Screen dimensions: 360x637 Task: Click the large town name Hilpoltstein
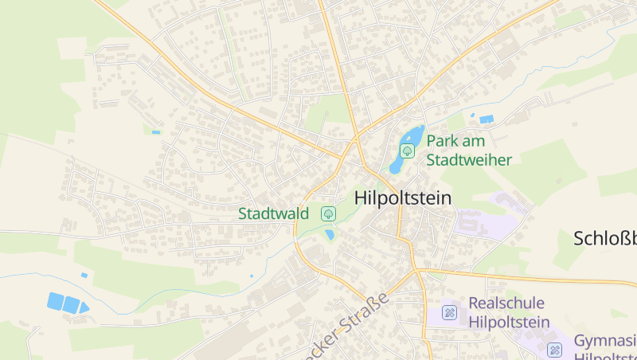(402, 198)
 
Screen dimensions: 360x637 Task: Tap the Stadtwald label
(274, 213)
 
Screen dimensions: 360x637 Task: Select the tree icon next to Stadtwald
(327, 213)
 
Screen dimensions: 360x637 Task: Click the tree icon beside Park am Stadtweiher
(407, 150)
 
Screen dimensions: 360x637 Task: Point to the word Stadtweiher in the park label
(469, 159)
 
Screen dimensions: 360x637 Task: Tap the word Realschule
(506, 303)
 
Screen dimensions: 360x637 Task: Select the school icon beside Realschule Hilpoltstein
(450, 312)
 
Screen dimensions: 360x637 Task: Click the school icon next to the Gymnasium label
(555, 349)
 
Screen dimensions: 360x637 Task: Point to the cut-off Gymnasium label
(605, 340)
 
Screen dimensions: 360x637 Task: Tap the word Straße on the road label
(366, 313)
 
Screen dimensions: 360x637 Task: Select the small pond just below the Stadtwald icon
(330, 235)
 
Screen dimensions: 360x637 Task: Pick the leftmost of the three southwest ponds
(55, 300)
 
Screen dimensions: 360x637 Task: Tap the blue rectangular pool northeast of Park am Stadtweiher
(486, 119)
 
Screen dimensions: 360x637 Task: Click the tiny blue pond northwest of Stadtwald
(156, 131)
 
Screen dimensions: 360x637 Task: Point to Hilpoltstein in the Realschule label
(510, 322)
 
